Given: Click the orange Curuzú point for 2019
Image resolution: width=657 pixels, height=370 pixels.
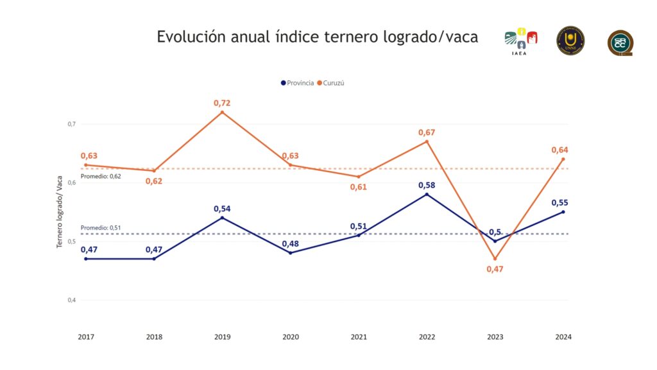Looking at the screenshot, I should tap(222, 112).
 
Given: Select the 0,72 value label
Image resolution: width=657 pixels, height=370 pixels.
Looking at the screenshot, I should tap(222, 103).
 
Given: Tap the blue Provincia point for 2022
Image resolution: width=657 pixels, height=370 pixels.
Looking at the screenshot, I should tap(427, 195).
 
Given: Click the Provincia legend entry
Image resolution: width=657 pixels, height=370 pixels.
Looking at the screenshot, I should tap(297, 83).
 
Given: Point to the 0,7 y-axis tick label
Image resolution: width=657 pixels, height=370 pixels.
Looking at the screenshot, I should tap(71, 124).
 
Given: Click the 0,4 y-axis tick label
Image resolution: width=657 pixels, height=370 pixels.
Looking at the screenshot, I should tap(71, 300).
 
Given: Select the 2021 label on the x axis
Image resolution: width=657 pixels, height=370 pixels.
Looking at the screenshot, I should tap(359, 337).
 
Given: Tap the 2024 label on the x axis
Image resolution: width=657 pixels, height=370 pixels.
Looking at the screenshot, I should tap(563, 337).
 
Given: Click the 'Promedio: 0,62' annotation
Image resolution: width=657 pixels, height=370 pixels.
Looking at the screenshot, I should tap(101, 175).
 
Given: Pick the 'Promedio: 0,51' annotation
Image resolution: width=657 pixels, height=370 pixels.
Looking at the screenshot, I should tap(101, 227).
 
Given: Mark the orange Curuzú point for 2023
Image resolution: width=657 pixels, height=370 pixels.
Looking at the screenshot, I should tap(495, 259).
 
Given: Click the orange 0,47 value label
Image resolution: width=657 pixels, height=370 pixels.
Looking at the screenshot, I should tap(495, 269).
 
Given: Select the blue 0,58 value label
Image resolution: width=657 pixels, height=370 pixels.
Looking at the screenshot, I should tap(427, 185).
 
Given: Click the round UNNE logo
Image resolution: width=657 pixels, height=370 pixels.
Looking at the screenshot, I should tap(570, 40).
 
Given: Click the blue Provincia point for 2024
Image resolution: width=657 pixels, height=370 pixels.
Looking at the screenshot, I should tap(563, 212).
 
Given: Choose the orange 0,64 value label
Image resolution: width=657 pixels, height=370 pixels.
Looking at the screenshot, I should tap(559, 150).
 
